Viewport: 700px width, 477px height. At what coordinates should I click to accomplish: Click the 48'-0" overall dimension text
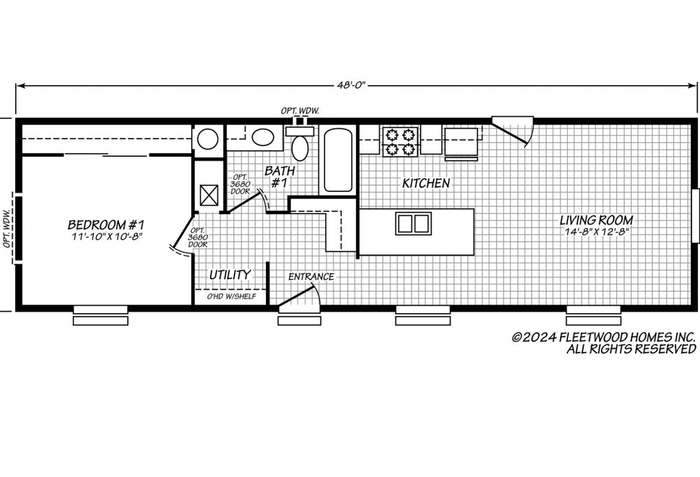[350, 85]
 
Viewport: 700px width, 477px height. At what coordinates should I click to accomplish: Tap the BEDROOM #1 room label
[106, 225]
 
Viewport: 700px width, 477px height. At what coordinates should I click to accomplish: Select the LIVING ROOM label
[596, 220]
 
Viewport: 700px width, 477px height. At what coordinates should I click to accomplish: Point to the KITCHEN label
[426, 183]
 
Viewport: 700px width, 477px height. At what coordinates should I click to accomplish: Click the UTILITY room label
[230, 274]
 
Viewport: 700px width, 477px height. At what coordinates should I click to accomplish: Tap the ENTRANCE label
[311, 276]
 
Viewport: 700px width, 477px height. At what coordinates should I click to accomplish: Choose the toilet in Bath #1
[300, 146]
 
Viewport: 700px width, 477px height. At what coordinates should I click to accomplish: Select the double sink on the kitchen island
[413, 223]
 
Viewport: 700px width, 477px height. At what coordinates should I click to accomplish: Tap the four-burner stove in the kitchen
[400, 142]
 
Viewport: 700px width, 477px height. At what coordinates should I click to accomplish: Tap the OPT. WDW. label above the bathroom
[299, 110]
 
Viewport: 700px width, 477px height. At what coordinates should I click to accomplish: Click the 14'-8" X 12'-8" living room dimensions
[596, 232]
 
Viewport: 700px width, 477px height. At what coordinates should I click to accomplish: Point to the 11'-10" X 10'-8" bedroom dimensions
[106, 236]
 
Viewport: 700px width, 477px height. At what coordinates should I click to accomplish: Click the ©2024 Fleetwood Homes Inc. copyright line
[603, 337]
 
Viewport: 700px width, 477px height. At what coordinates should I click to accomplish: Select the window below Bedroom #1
[100, 315]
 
